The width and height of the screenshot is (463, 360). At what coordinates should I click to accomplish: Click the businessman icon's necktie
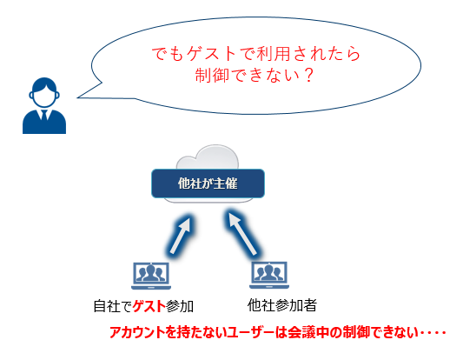[44, 115]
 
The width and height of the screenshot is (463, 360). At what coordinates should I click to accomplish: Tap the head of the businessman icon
[44, 92]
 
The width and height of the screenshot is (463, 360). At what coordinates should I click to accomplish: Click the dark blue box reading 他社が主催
[208, 183]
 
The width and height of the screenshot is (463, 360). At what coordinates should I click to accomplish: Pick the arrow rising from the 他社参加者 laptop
[242, 234]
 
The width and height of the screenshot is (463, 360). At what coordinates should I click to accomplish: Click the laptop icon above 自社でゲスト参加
[151, 276]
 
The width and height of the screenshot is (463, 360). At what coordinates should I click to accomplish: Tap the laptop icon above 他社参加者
[269, 275]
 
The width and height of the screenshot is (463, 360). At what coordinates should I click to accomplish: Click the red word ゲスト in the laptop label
[149, 306]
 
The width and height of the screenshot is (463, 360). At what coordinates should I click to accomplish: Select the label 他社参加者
[282, 305]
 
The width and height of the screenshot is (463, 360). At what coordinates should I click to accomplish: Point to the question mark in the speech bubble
[308, 76]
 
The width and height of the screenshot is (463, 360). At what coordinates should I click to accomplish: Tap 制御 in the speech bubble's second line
[212, 76]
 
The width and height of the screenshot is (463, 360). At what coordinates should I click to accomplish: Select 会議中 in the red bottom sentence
[308, 332]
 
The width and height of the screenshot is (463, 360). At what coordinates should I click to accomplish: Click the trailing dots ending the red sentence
[433, 333]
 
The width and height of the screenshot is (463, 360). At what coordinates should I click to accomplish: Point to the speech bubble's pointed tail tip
[77, 97]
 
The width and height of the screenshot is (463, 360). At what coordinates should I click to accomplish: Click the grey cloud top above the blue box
[208, 157]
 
